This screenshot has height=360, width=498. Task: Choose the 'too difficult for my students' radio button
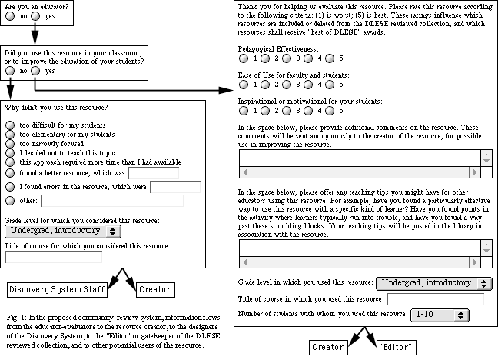pos(9,125)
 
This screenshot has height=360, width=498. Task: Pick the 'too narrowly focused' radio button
pos(9,143)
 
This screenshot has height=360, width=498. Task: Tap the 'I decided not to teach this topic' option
pos(9,152)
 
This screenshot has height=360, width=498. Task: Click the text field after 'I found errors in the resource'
pos(174,186)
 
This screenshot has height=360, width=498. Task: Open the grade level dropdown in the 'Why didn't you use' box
pos(65,230)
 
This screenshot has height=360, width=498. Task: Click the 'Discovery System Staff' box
pos(56,290)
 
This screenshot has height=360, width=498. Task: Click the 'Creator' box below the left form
pos(159,290)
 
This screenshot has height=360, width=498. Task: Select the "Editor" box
pos(397,347)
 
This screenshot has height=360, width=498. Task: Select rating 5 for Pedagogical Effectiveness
pos(330,58)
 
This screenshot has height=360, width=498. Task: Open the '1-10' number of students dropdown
pos(440,314)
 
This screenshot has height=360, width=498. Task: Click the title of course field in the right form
pos(435,299)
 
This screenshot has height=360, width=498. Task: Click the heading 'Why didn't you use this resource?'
pos(56,107)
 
